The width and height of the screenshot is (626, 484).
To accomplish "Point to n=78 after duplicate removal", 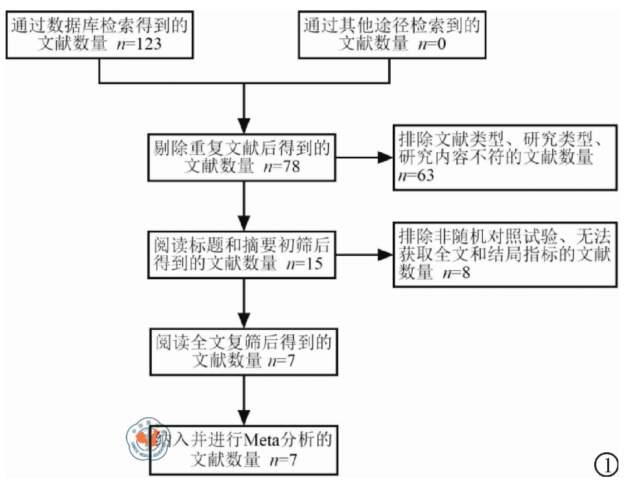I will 281,166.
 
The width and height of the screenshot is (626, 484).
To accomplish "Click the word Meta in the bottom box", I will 263,441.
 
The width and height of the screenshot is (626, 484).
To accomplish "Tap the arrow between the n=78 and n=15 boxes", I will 243,205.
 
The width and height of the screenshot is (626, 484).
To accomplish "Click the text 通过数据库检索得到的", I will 99,25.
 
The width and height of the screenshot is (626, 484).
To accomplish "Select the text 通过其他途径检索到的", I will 392,25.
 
